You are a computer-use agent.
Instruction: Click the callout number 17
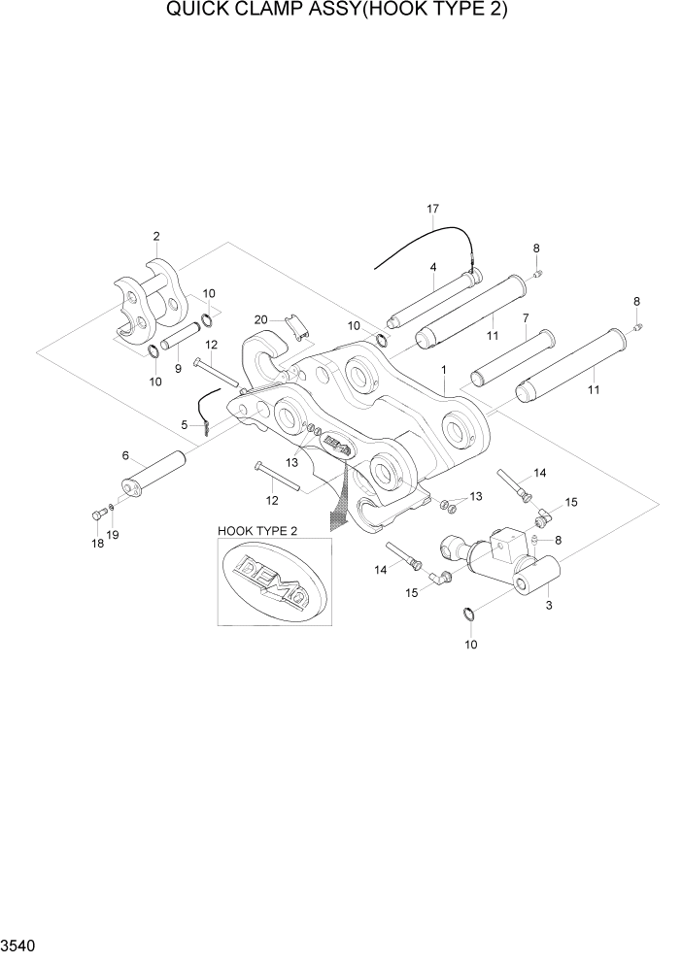click(433, 209)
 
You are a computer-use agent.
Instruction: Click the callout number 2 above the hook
click(156, 236)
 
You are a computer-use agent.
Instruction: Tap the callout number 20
click(260, 320)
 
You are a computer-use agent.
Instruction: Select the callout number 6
click(125, 455)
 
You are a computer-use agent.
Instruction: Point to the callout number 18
click(96, 544)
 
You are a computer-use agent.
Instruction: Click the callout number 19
click(114, 535)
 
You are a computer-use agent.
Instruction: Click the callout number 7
click(525, 317)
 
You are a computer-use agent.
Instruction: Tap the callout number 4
click(432, 267)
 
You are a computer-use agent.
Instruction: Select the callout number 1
click(443, 370)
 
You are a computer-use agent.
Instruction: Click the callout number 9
click(177, 369)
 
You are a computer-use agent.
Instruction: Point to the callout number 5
click(184, 423)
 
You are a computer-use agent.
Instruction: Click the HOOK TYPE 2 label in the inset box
click(258, 530)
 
